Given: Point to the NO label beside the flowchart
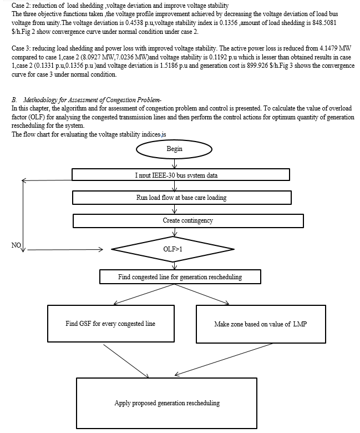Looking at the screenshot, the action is (16, 245).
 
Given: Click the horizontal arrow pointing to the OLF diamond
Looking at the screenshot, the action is (65, 250).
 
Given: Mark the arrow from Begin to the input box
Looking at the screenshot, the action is (174, 163).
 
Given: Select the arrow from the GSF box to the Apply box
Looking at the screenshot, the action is (126, 361).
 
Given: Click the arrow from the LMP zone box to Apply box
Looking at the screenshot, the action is (224, 359).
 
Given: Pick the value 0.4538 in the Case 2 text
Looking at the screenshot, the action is (134, 23).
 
